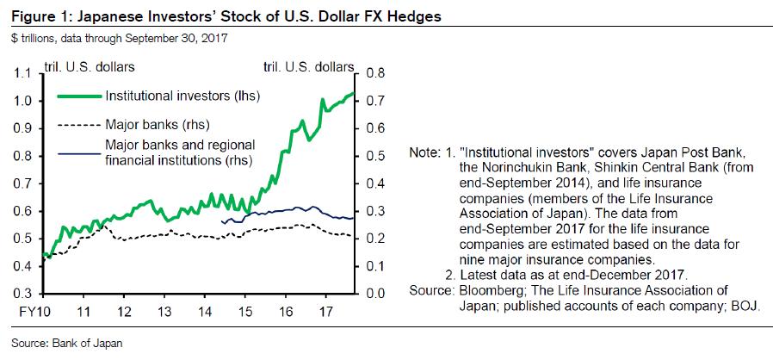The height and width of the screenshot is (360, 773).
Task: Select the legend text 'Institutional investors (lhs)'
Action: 182,95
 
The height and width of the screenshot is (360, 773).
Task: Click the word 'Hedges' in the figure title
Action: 349,16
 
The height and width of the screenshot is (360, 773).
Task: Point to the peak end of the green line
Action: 353,93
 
